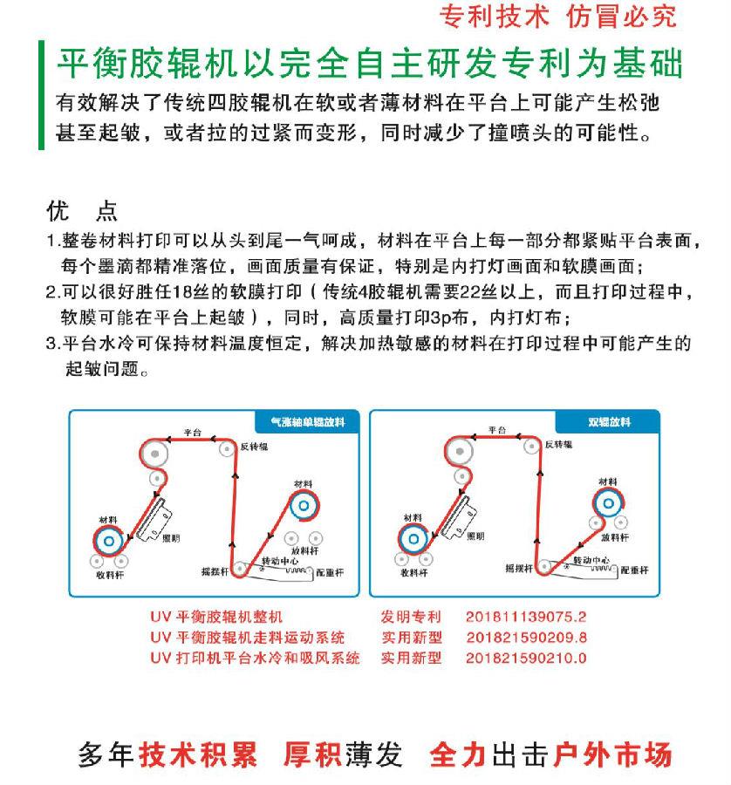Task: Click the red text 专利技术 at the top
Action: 495,17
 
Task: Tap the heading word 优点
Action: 80,211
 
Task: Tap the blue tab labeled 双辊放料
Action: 608,422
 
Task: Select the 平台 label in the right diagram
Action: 497,430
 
